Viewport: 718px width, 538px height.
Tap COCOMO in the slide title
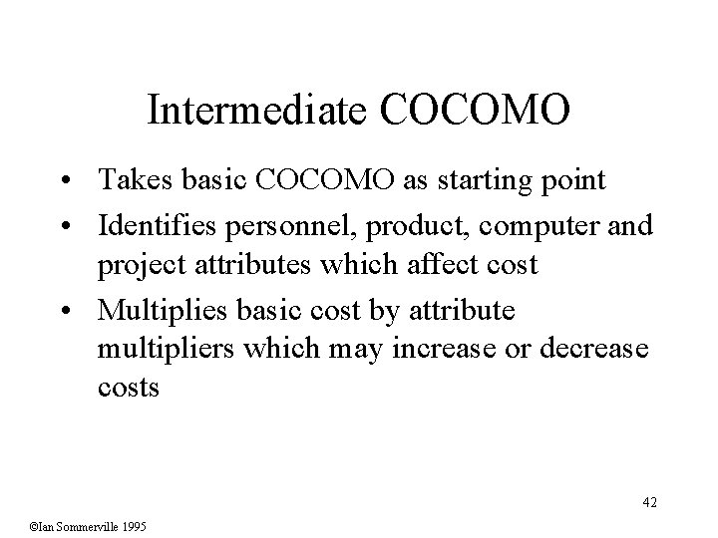(475, 111)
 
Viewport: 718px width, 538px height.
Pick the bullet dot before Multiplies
(76, 313)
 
